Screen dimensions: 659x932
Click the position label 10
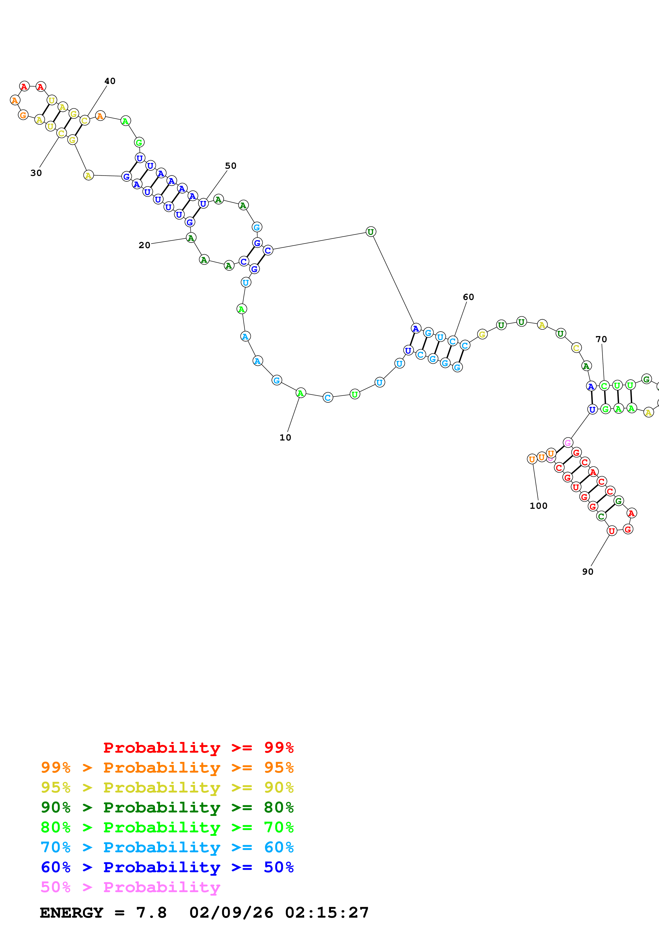[285, 438]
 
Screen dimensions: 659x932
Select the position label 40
[110, 81]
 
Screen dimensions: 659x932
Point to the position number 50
[231, 166]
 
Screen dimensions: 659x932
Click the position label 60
[468, 297]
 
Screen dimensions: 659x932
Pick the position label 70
[601, 339]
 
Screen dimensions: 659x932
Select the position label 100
[538, 506]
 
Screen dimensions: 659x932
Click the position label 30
[36, 173]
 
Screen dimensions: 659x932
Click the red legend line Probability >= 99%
[198, 747]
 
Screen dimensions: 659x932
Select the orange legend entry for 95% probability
[167, 767]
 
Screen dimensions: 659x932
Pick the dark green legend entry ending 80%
[167, 807]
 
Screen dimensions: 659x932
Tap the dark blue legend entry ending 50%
[167, 867]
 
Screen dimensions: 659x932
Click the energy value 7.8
[151, 913]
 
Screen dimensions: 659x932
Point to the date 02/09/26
[231, 913]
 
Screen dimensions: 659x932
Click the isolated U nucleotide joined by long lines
[371, 232]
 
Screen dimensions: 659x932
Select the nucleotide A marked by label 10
[300, 393]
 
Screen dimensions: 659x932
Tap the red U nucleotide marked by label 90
[611, 531]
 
